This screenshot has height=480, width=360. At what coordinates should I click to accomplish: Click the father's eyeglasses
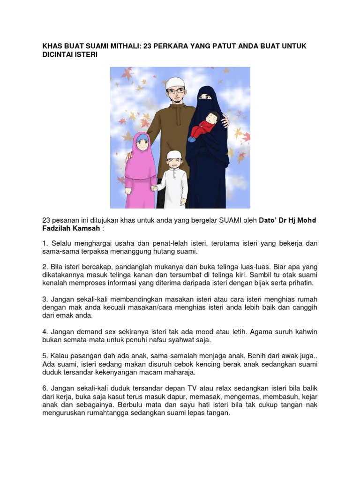[175, 91]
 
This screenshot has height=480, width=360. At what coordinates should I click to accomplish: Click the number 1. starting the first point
[45, 243]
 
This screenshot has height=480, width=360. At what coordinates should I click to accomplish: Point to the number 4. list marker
[45, 331]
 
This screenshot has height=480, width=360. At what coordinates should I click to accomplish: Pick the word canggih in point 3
[305, 307]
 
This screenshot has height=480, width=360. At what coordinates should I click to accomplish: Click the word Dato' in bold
[269, 220]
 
